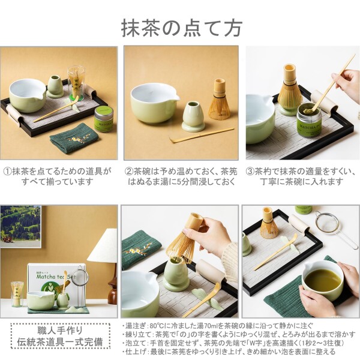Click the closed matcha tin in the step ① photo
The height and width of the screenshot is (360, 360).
click(104, 118)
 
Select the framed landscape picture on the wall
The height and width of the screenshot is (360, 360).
click(20, 226)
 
